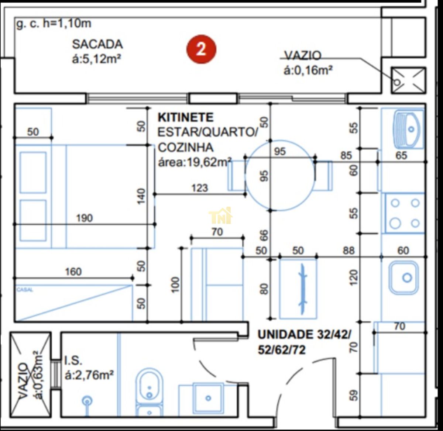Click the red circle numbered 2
(x=201, y=49)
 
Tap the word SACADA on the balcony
(x=97, y=44)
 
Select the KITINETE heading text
(x=186, y=117)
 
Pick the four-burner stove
(x=405, y=213)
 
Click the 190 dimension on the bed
(x=84, y=218)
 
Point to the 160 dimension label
(x=73, y=272)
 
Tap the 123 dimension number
(x=199, y=188)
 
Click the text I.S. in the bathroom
(x=73, y=360)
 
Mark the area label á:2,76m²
(x=89, y=375)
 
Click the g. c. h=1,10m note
(x=54, y=24)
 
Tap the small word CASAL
(x=25, y=290)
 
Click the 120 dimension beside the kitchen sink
(x=354, y=277)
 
